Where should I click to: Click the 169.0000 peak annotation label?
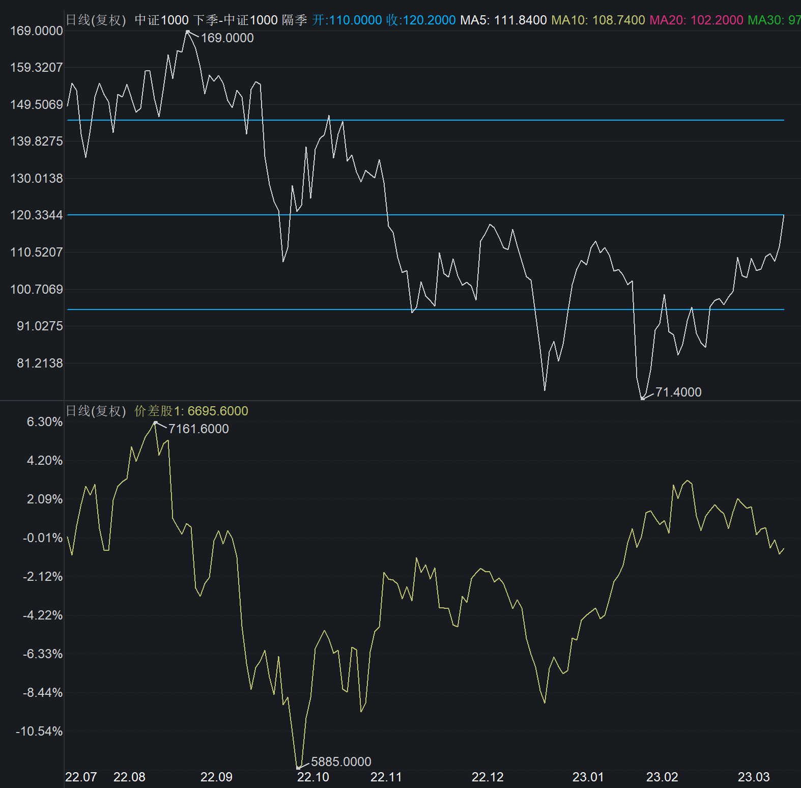coord(227,38)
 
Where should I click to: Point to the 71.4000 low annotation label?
coord(678,392)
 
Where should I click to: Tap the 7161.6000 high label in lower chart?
coord(198,429)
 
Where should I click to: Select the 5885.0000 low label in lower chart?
coord(341,762)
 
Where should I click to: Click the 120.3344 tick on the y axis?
coord(37,215)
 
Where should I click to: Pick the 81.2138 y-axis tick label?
coord(40,363)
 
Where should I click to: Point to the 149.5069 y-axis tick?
coord(37,104)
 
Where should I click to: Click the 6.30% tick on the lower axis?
coord(45,421)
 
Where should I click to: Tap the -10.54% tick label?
coord(39,731)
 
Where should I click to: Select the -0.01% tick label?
coord(43,538)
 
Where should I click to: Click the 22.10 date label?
coord(313,777)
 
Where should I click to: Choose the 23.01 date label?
coord(588,777)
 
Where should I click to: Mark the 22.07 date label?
coord(81,777)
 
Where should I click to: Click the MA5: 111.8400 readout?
coord(503,20)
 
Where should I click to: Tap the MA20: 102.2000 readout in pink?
coord(696,20)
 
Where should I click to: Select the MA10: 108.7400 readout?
coord(598,20)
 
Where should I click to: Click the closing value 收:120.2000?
coord(421,20)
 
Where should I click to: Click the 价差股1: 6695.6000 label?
coord(191,411)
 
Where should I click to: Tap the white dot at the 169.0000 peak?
coord(188,32)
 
